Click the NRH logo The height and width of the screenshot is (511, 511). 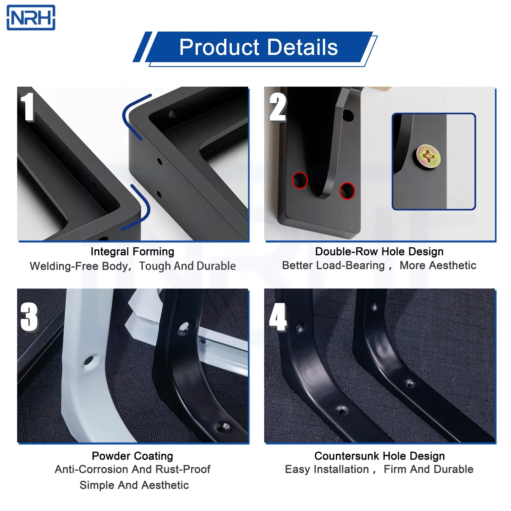coord(31,18)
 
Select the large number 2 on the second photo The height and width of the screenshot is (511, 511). coord(277,107)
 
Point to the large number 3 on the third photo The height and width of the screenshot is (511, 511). coord(29,317)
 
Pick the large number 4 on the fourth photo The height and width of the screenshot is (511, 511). coord(277,317)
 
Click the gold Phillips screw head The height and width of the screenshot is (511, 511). coord(428,157)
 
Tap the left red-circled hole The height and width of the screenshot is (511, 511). coord(300,180)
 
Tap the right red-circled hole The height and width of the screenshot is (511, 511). coord(347,191)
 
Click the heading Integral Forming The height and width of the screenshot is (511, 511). coord(132,252)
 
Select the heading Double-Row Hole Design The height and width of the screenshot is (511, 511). coord(379,252)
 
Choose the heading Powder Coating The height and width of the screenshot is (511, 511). coord(132,456)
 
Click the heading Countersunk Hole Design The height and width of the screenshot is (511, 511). coord(379,456)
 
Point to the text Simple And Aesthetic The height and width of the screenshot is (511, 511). coord(134,485)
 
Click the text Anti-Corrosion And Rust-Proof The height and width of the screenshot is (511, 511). coord(132,470)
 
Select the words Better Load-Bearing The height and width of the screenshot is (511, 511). coord(333,265)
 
